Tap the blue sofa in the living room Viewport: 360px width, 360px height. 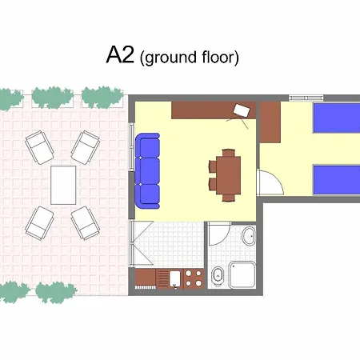coord(148,169)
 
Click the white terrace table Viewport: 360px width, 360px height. coord(63,184)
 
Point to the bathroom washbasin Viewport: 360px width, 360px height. coord(249,238)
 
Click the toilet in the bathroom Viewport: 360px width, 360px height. coord(217,277)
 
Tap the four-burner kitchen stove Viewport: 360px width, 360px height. coord(193,278)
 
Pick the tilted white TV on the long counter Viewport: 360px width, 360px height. coord(242,110)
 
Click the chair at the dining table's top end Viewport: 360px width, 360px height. coord(229,152)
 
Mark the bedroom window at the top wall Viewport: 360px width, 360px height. coord(300,98)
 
